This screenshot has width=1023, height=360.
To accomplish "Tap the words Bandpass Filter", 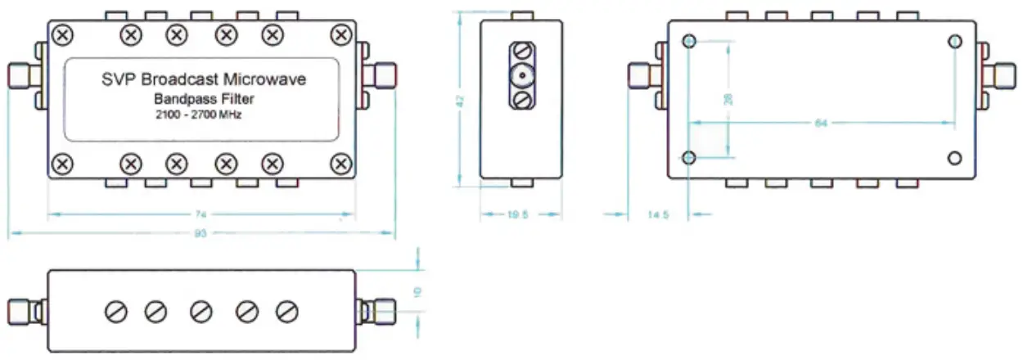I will pos(201,98).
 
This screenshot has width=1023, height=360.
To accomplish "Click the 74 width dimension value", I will pos(201,215).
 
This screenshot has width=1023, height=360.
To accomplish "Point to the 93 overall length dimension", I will pos(201,234).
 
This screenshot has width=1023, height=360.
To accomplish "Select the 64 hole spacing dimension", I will pos(820,124).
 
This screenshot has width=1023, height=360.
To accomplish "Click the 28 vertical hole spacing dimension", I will pos(728,98).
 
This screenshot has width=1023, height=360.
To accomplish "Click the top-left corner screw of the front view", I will pos(62,34).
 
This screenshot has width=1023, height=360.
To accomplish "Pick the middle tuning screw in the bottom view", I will pos(201,311).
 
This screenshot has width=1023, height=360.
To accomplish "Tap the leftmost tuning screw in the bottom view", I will pos(115,311).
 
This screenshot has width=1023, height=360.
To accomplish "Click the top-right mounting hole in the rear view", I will pos(955,42).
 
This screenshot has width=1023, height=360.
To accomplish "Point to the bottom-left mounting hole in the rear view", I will pos(689,157).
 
